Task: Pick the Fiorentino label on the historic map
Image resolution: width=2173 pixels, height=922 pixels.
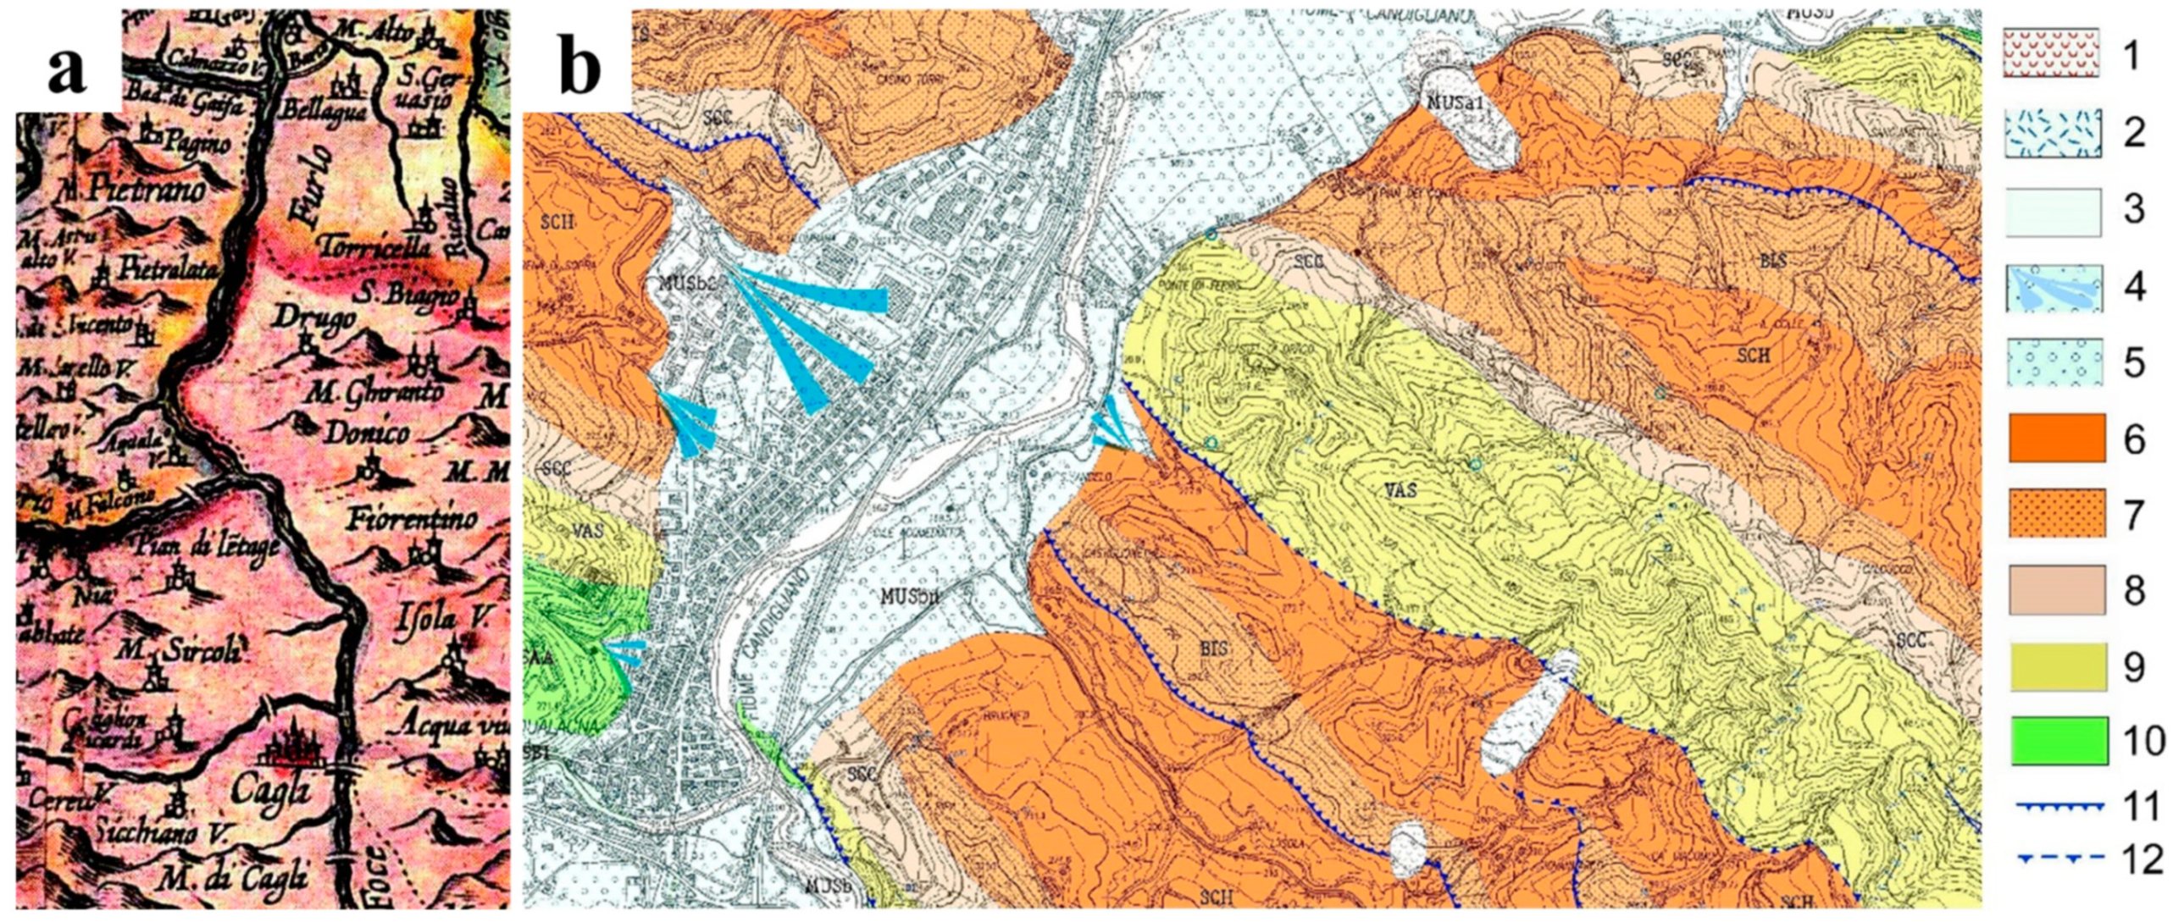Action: point(412,517)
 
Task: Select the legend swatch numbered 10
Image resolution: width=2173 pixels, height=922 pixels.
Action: point(2057,741)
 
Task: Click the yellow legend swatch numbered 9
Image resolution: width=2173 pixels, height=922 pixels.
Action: point(2057,666)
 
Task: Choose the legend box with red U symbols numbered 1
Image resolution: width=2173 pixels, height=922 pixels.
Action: point(2050,53)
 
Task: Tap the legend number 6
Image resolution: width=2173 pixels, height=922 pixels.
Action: point(2134,439)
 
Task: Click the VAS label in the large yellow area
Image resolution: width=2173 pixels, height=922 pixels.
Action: point(1402,491)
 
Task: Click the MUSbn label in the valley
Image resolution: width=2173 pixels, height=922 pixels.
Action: point(911,597)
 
